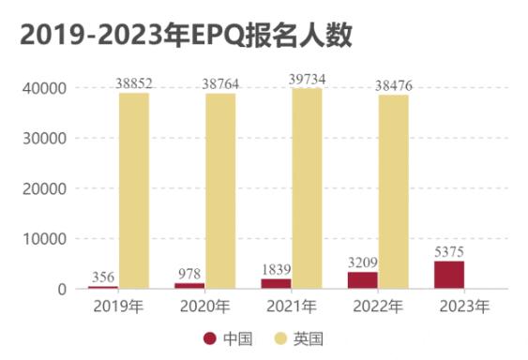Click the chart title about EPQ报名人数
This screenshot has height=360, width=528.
point(185,37)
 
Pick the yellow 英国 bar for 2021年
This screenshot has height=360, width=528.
point(307,187)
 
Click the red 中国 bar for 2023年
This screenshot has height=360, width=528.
point(449,275)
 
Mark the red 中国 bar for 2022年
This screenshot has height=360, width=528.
point(363,279)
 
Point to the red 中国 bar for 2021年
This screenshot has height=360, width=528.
point(276,283)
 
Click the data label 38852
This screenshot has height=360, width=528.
point(135,84)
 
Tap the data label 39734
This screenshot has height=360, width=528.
point(308,80)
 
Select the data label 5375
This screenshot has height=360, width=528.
point(449,252)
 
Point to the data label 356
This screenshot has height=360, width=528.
point(103,277)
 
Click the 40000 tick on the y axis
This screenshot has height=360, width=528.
point(43,88)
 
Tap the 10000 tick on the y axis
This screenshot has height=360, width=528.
point(43,239)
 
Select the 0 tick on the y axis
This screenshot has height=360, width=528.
point(61,289)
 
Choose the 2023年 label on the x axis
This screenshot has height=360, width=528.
point(464,306)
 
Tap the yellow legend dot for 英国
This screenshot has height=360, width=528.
point(278,338)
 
